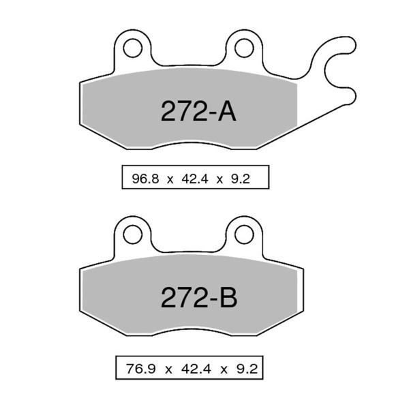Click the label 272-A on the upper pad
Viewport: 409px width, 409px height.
198,112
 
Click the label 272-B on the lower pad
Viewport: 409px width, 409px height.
198,297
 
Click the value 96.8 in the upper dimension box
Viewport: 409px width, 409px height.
142,180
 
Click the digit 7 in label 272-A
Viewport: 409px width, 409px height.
184,112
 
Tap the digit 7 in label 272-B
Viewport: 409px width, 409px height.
184,297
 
